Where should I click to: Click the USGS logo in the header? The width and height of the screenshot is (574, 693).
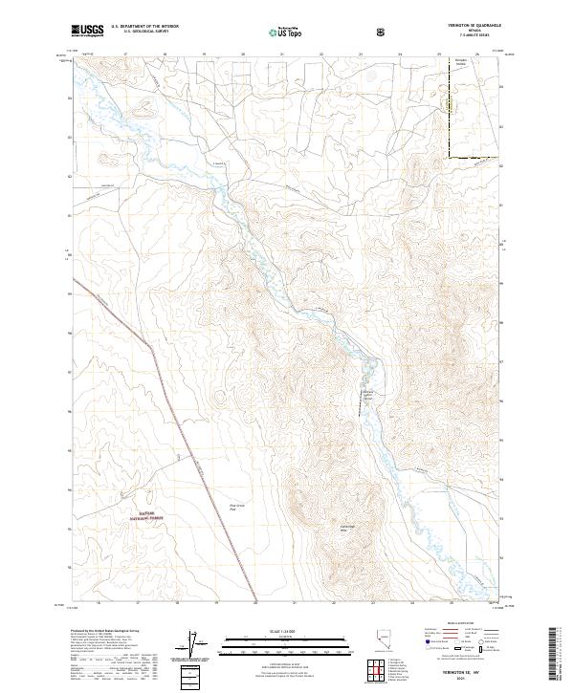pos(86,32)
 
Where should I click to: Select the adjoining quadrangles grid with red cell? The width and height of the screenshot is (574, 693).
pos(376,672)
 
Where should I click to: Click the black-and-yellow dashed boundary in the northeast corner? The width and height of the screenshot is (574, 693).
pos(473,156)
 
